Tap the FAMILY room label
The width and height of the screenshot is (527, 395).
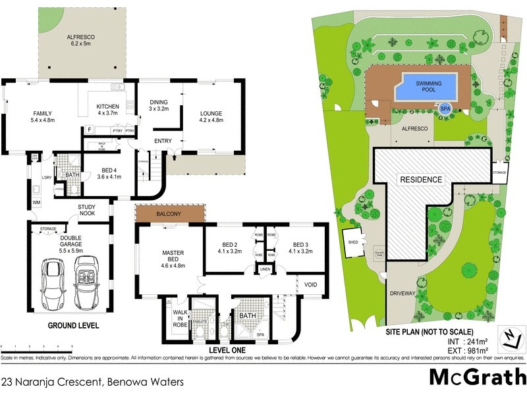[x=25, y=117]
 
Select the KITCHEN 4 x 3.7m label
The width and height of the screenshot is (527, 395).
[x=108, y=110]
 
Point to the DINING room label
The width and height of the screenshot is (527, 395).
[x=159, y=105]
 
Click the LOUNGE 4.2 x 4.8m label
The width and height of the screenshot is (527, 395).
[x=211, y=117]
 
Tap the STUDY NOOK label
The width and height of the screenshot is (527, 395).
[x=87, y=211]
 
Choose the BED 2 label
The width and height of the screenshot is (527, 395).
[x=227, y=248]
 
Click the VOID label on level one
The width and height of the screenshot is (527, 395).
[x=312, y=285]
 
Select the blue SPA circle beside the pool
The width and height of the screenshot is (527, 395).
[x=446, y=109]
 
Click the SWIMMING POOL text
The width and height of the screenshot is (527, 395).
[x=429, y=85]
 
